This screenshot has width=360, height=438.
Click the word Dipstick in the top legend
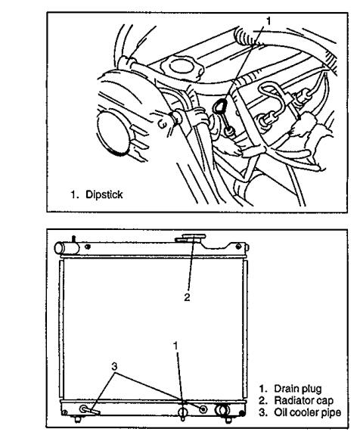104,194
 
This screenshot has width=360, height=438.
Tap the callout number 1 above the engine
268,21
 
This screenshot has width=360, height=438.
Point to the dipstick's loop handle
219,106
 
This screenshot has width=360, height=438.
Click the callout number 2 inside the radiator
187,297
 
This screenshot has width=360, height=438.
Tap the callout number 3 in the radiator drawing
114,366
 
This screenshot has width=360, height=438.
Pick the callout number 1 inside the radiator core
175,346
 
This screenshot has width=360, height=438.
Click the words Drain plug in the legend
298,389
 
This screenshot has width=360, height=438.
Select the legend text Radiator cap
304,400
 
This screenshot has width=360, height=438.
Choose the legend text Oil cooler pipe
308,412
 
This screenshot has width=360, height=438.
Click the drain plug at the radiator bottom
182,413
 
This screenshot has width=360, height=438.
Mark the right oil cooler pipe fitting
203,409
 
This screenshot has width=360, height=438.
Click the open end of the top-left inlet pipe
58,248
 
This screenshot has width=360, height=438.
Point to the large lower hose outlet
222,410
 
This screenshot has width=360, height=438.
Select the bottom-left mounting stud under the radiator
78,419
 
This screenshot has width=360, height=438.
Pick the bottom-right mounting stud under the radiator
228,419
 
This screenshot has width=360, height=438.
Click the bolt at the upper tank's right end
238,247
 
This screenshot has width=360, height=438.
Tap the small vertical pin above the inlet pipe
73,239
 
